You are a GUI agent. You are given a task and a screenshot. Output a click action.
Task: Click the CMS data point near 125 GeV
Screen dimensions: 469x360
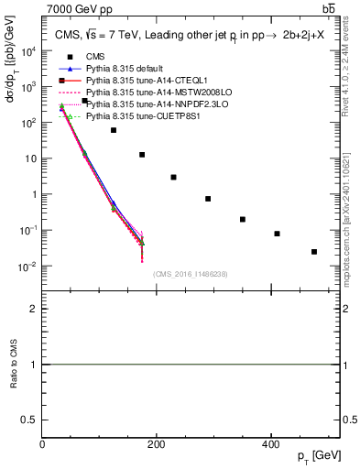tap(114, 130)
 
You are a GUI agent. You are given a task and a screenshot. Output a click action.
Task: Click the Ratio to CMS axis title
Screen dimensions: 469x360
tap(13, 365)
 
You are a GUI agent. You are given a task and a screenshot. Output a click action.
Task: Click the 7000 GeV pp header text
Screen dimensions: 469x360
tap(74, 8)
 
